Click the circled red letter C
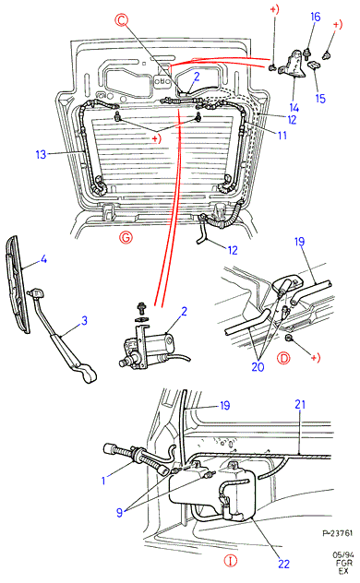pyautogui.click(x=121, y=20)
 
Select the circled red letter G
pyautogui.click(x=126, y=237)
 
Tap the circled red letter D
pyautogui.click(x=283, y=358)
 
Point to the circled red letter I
pyautogui.click(x=231, y=561)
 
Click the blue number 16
pyautogui.click(x=315, y=17)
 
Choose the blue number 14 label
pyautogui.click(x=294, y=108)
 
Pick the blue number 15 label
pyautogui.click(x=320, y=99)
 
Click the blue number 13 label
pyautogui.click(x=41, y=154)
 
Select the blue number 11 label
pyautogui.click(x=282, y=135)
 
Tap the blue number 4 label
pyautogui.click(x=43, y=259)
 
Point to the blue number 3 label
pyautogui.click(x=84, y=320)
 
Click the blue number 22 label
pyautogui.click(x=283, y=564)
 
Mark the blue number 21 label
pyautogui.click(x=300, y=404)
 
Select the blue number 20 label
pyautogui.click(x=258, y=367)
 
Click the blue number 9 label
pyautogui.click(x=119, y=513)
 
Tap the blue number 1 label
pyautogui.click(x=103, y=481)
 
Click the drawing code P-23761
pyautogui.click(x=337, y=533)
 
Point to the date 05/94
pyautogui.click(x=342, y=555)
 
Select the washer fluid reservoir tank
pyautogui.click(x=212, y=492)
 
